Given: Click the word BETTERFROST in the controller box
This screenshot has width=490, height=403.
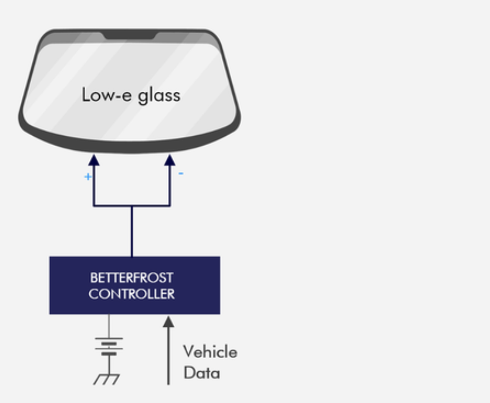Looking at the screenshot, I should pyautogui.click(x=131, y=278).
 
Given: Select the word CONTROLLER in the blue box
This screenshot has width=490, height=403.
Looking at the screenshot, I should pyautogui.click(x=131, y=294).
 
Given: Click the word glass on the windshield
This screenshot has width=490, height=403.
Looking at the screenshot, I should pyautogui.click(x=159, y=96).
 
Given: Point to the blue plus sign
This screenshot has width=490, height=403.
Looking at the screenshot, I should pyautogui.click(x=87, y=177).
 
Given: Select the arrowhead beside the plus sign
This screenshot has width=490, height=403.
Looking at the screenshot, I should pyautogui.click(x=94, y=160).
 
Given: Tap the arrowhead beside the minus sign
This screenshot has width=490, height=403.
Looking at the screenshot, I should pyautogui.click(x=169, y=160).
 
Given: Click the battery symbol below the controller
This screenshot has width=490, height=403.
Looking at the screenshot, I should pyautogui.click(x=109, y=346).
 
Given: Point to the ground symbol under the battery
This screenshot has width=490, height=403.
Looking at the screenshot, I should pyautogui.click(x=107, y=379).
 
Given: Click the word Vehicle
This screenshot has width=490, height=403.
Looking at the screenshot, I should pyautogui.click(x=210, y=352).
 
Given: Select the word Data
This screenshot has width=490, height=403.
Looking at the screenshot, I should pyautogui.click(x=201, y=373).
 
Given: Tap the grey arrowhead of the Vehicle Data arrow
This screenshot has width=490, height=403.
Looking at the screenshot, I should pyautogui.click(x=168, y=322).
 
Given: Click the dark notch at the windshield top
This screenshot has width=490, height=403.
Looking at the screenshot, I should pyautogui.click(x=130, y=35).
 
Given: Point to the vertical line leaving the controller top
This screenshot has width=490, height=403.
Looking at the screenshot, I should pyautogui.click(x=131, y=232).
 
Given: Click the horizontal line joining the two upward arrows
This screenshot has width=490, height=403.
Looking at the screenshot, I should pyautogui.click(x=114, y=206).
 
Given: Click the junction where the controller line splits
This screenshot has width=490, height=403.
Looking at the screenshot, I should pyautogui.click(x=131, y=206).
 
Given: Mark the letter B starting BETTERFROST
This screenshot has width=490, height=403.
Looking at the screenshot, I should pyautogui.click(x=93, y=278).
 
